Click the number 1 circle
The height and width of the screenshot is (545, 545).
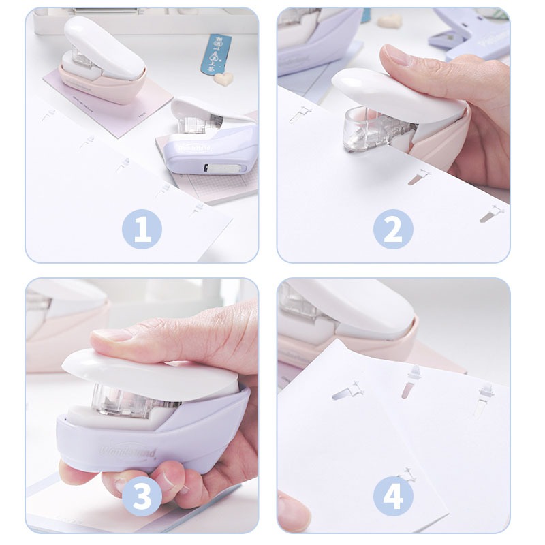(x=142, y=229)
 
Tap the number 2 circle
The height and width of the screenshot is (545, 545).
(x=393, y=229)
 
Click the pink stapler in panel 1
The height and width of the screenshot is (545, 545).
(x=102, y=65)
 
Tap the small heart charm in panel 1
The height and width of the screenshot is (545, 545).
(x=221, y=80)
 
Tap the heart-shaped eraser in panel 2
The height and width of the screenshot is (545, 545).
(x=390, y=21)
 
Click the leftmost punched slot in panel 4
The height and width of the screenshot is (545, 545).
(x=347, y=392)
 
